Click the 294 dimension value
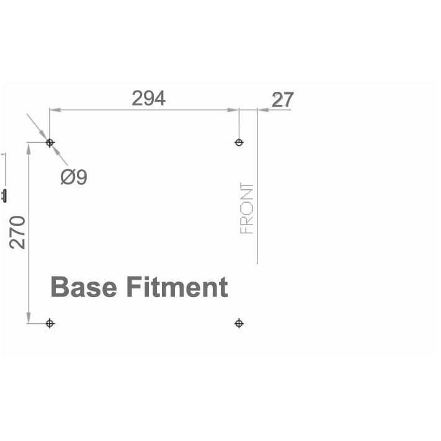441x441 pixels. click(x=148, y=98)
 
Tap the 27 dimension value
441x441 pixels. click(x=283, y=99)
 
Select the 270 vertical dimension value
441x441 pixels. click(x=17, y=233)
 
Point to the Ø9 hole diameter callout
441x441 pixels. click(x=74, y=177)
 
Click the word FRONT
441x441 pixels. click(x=247, y=208)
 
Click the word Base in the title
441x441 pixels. click(x=84, y=287)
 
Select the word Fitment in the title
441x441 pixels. click(x=177, y=287)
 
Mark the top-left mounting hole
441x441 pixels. click(x=50, y=143)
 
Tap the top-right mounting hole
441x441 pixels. click(x=239, y=143)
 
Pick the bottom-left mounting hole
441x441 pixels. click(x=50, y=323)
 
